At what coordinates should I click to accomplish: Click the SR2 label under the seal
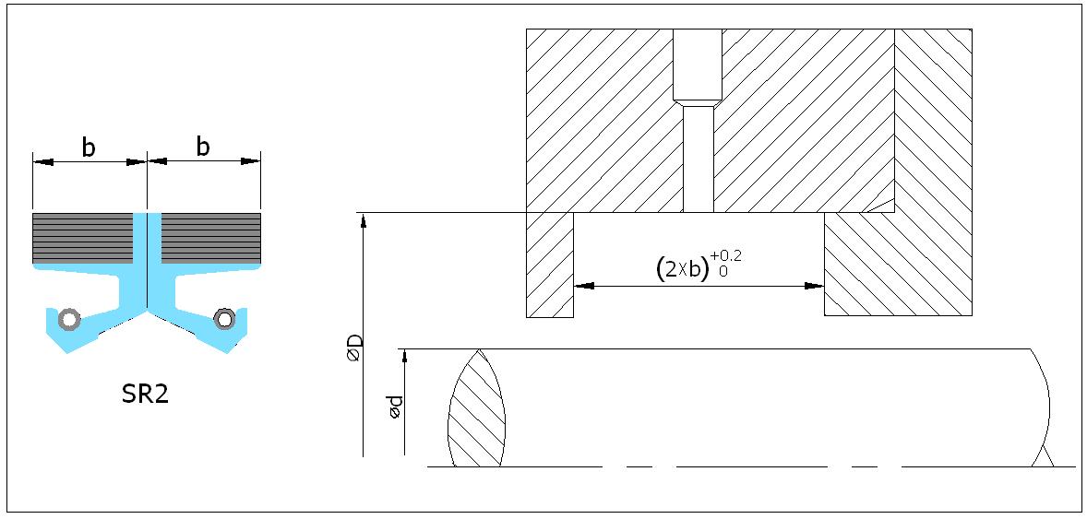click(x=145, y=395)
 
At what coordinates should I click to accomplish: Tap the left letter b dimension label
click(x=89, y=147)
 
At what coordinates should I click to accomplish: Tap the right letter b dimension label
click(x=203, y=147)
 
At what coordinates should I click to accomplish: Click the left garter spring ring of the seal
click(x=68, y=320)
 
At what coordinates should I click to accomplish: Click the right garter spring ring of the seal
click(x=224, y=319)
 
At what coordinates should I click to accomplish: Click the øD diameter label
click(x=354, y=347)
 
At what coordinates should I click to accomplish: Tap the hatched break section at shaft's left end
click(x=478, y=408)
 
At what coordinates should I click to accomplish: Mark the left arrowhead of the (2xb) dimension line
click(x=584, y=286)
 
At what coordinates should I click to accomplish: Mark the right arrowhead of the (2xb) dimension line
click(x=814, y=286)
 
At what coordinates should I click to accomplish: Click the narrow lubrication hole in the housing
click(x=699, y=159)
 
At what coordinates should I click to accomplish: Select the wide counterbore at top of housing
click(x=698, y=65)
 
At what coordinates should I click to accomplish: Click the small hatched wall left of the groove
click(x=550, y=265)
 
